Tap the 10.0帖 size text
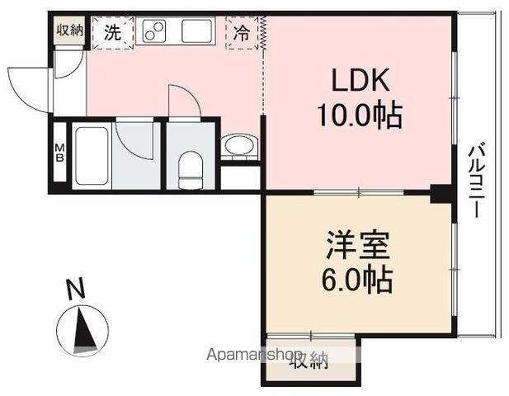click(x=359, y=116)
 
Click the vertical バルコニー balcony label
click(x=476, y=180)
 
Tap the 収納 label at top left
click(x=70, y=31)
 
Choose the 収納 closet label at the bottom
click(x=309, y=361)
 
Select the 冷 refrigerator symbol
click(x=242, y=34)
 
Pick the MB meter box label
click(x=60, y=154)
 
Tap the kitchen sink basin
click(x=198, y=32)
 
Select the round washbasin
click(x=239, y=147)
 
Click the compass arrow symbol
click(x=82, y=329)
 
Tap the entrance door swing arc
click(x=29, y=85)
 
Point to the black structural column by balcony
click(x=443, y=195)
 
